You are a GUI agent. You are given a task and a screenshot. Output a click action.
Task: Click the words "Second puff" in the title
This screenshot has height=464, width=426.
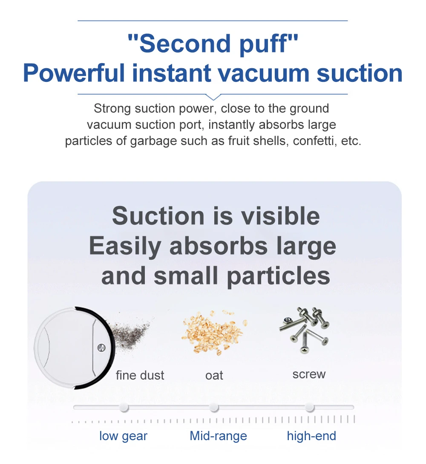(213, 44)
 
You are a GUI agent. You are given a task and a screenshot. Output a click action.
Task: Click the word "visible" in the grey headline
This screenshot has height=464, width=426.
(281, 216)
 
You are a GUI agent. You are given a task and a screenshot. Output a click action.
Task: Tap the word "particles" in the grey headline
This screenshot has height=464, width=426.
(278, 276)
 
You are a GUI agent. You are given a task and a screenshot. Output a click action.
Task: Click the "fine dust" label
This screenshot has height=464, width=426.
(140, 375)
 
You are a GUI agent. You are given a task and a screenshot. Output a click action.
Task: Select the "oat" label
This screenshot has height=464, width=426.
(214, 376)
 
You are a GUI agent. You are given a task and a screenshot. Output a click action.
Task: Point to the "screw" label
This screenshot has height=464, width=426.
(309, 374)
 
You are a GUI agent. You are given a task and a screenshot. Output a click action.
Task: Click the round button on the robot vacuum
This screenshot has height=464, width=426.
(101, 348)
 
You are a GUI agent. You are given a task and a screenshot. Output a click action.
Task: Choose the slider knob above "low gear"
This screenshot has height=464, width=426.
(124, 407)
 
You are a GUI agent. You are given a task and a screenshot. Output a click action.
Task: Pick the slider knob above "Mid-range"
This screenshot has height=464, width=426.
(213, 407)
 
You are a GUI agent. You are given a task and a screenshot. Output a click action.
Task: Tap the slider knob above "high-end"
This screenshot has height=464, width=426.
(310, 407)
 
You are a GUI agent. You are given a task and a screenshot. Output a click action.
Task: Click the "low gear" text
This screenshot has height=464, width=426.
(123, 436)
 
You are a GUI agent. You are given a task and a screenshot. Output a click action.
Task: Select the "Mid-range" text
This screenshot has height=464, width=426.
(218, 436)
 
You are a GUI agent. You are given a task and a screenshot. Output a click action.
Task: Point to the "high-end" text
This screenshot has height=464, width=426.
(311, 436)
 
